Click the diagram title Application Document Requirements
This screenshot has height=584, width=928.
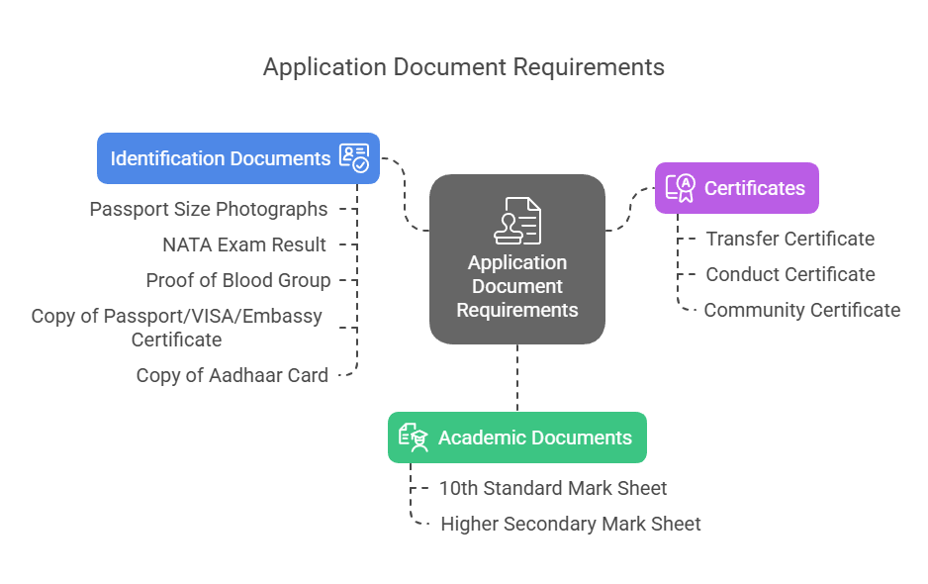(463, 67)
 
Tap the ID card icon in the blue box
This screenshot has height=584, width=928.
(353, 158)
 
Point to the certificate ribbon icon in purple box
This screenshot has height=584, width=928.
(681, 188)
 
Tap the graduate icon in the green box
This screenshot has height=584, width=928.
(413, 438)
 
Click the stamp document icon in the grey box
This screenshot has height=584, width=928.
(517, 220)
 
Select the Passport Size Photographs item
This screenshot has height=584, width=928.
(209, 209)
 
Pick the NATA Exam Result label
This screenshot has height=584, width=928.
(244, 244)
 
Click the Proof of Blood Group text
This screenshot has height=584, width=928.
(238, 280)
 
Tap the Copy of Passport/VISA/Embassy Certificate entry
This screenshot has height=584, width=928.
(177, 328)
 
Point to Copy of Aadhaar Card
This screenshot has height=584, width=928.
(232, 375)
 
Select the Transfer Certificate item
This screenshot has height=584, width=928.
(789, 239)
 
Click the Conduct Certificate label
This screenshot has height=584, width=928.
(789, 274)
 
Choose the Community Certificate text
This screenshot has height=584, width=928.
(801, 310)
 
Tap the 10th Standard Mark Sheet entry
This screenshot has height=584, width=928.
(553, 488)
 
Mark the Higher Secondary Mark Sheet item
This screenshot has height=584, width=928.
(570, 524)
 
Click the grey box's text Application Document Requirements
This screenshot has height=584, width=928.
(517, 286)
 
